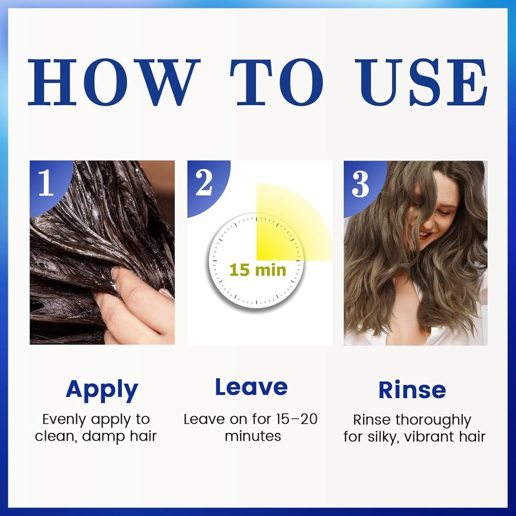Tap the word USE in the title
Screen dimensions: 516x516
[x=421, y=83]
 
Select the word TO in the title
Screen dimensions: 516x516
[x=277, y=83]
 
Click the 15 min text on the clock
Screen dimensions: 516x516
[x=257, y=270]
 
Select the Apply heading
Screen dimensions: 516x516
[x=102, y=391]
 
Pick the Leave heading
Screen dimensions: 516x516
[x=252, y=387]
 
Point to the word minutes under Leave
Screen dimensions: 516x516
[x=253, y=436]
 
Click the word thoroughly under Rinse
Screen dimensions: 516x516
[x=433, y=421]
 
